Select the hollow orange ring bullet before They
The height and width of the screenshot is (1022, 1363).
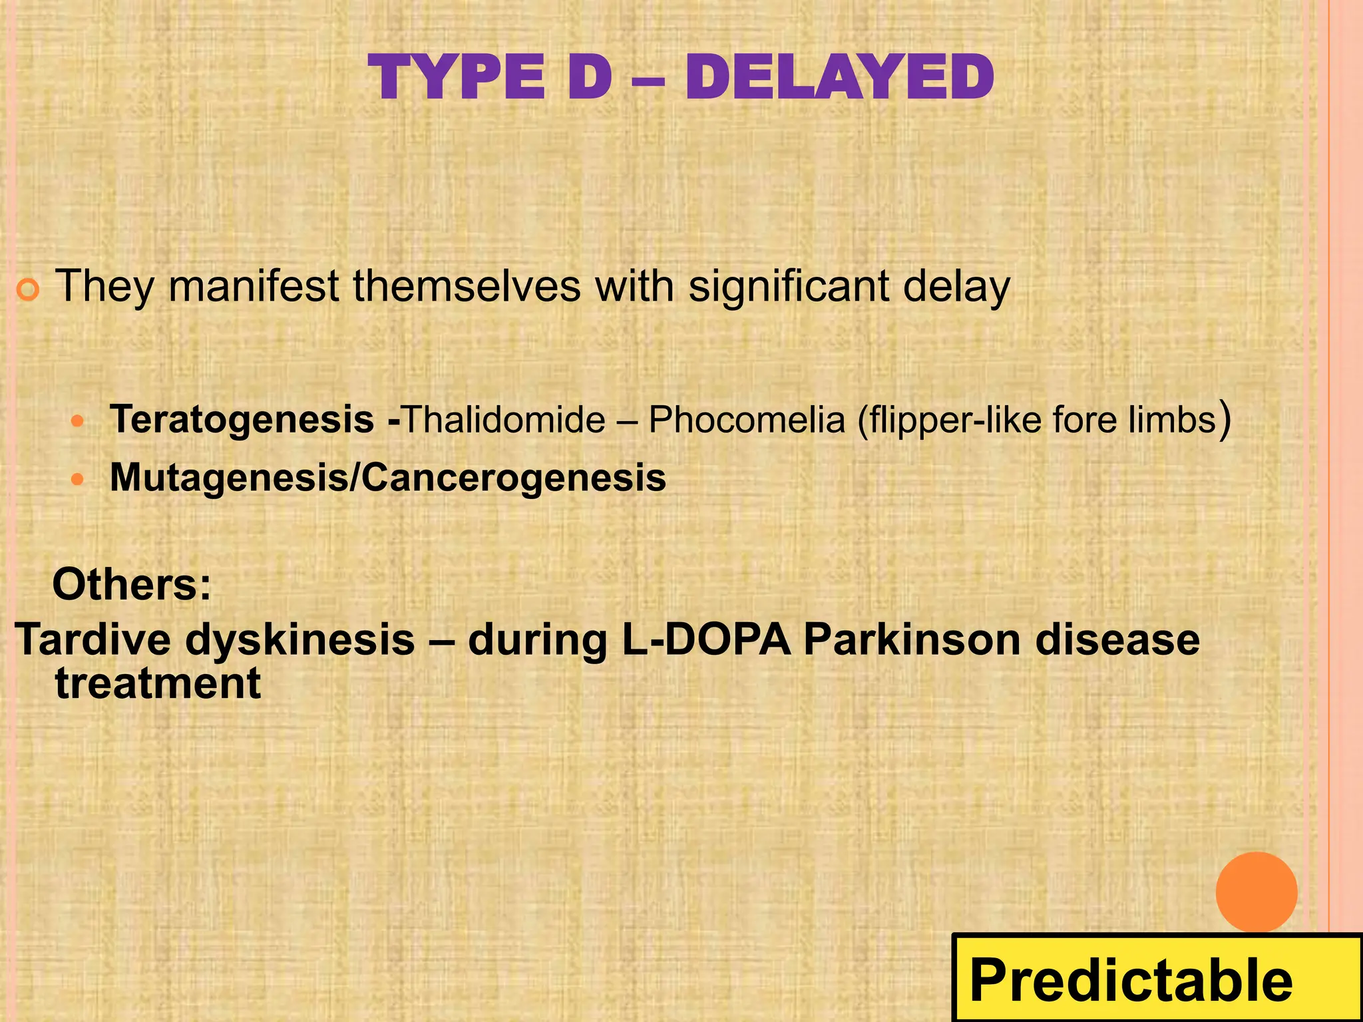point(29,291)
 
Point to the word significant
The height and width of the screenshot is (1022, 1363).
point(789,287)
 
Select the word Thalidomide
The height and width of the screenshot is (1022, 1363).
point(504,420)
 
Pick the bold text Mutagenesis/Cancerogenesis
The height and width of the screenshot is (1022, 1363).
point(388,478)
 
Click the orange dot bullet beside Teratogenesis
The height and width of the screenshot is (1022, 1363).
point(79,421)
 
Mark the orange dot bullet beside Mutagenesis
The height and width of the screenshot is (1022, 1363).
point(79,479)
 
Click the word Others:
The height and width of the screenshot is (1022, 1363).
point(132,585)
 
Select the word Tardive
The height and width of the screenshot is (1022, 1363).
point(93,639)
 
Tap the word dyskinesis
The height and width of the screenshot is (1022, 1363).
point(300,641)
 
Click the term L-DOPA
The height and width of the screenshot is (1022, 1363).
point(706,639)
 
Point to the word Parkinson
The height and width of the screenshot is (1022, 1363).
point(912,639)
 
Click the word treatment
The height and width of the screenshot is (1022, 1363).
point(158,684)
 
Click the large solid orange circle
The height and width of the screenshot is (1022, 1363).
point(1256,892)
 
